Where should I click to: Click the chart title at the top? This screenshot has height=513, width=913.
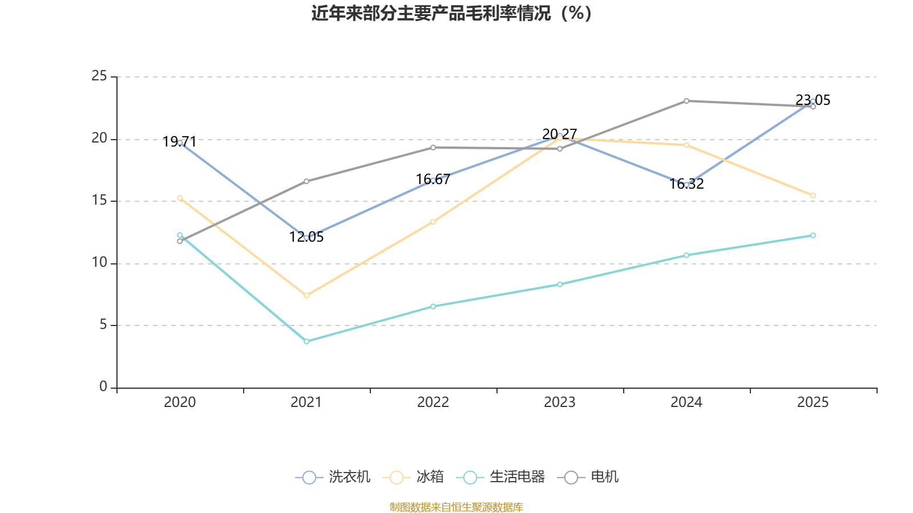point(451,13)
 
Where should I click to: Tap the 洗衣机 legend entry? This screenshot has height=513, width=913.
point(333,477)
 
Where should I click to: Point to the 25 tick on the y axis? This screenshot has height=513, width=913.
point(99,76)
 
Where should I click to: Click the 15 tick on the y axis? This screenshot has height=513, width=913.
point(99,201)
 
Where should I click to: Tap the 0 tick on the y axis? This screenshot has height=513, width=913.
point(103,387)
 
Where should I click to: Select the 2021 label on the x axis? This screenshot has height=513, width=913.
point(306,402)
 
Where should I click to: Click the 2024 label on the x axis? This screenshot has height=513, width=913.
point(686,402)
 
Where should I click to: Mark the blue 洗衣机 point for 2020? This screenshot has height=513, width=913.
point(180,142)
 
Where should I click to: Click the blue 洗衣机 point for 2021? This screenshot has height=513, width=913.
point(306,238)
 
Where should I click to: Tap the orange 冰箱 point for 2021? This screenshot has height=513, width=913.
point(306,295)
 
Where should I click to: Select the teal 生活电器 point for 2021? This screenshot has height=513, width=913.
point(306,341)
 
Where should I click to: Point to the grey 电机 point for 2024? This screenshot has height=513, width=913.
point(686,101)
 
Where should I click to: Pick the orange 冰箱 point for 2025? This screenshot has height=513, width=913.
point(813,196)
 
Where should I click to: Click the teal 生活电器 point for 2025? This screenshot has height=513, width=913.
point(813,235)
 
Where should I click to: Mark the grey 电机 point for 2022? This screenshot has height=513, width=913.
point(433,148)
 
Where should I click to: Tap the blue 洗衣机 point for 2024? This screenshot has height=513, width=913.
point(686,185)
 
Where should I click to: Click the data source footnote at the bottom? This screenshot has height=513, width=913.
point(456,507)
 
